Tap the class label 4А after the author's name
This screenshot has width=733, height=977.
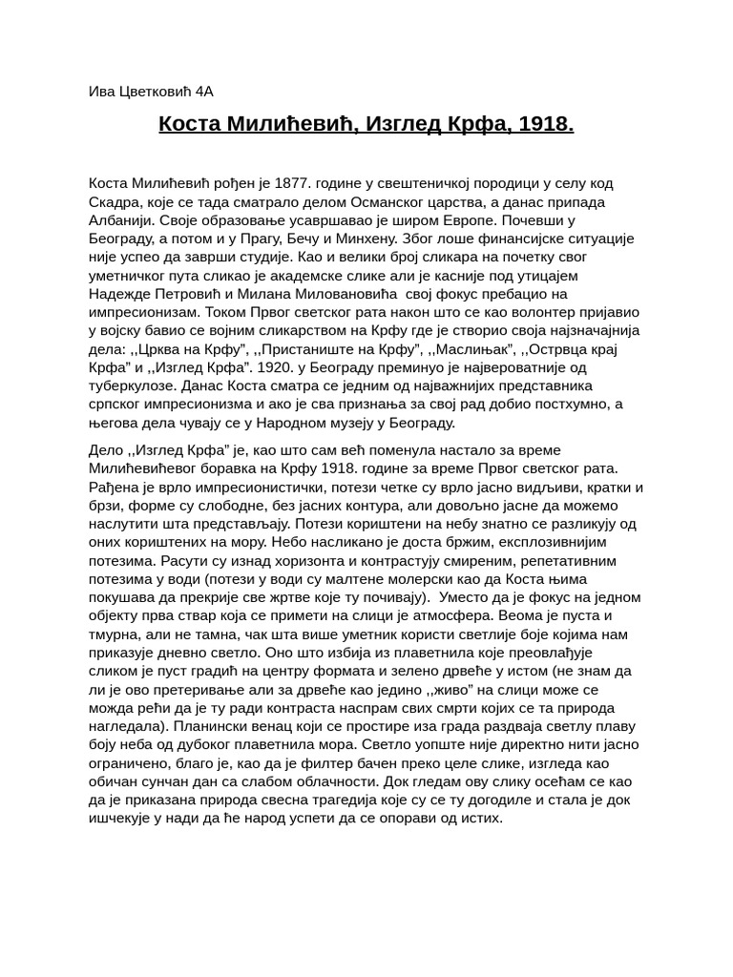(204, 93)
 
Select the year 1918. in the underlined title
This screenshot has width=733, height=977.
(546, 124)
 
